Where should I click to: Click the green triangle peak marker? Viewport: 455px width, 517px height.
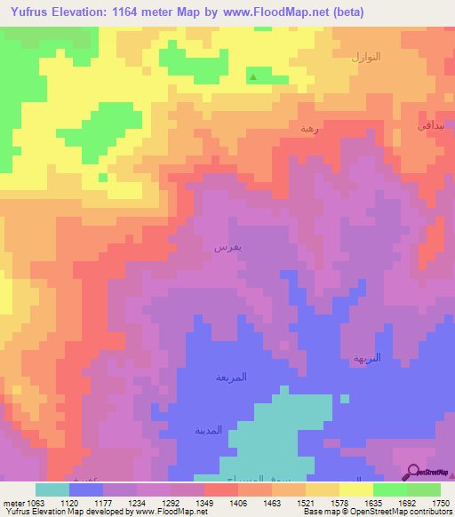(x=254, y=77)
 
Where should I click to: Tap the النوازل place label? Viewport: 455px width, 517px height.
(x=365, y=57)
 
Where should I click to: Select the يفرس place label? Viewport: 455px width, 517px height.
(x=224, y=246)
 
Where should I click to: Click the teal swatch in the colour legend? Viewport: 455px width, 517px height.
(x=52, y=489)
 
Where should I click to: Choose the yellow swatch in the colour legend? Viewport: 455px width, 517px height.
(x=356, y=489)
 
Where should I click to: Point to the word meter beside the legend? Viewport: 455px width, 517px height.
(x=12, y=502)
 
